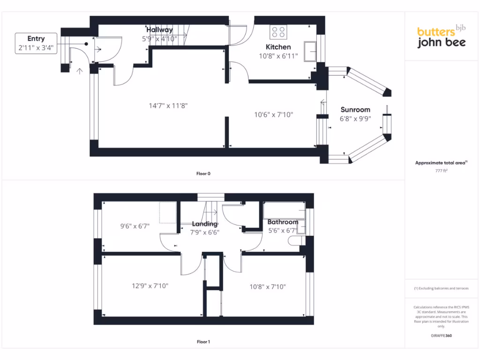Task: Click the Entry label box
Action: click(x=36, y=43)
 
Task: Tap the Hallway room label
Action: click(x=159, y=30)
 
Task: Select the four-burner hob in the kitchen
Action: click(x=278, y=32)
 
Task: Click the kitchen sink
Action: click(x=310, y=52)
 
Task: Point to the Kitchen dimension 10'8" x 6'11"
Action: click(x=278, y=56)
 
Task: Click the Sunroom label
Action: click(x=355, y=110)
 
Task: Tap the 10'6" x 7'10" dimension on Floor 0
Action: click(x=274, y=114)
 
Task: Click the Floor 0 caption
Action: click(x=203, y=173)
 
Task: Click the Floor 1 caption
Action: click(x=203, y=342)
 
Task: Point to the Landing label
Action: click(x=205, y=224)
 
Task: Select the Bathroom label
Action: click(x=283, y=222)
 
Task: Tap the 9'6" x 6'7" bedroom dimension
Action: click(x=135, y=226)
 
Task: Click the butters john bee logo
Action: click(x=441, y=37)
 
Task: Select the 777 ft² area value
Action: click(x=441, y=172)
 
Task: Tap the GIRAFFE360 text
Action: click(x=441, y=336)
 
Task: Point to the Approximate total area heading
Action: click(x=441, y=163)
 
